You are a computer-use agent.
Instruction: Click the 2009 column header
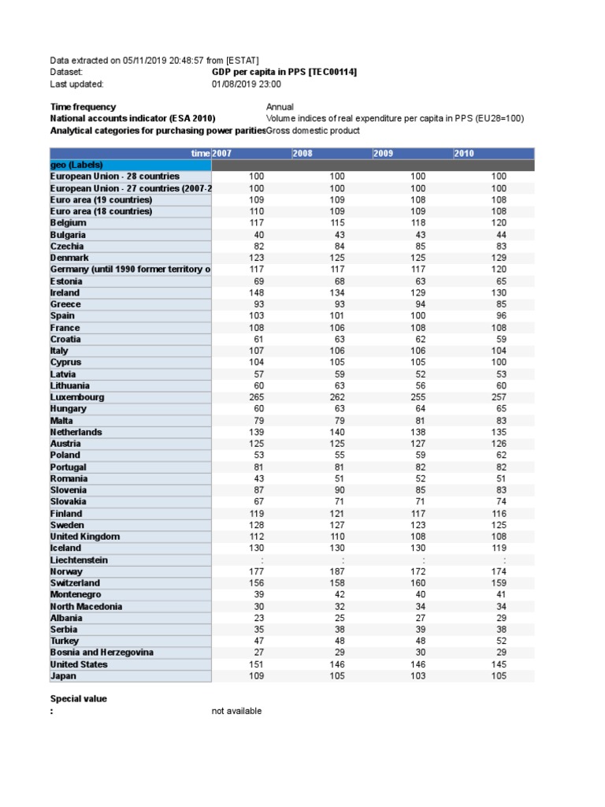384,153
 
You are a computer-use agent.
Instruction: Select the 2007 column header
223,153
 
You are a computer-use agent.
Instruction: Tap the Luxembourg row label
77,397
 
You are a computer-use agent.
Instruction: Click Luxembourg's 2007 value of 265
256,397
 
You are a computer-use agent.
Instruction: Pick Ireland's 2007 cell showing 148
256,292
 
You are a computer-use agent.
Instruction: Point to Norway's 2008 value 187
337,571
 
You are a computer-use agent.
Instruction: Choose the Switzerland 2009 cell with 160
418,583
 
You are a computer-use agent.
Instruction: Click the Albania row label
66,618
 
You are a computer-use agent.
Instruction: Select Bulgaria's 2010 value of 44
499,235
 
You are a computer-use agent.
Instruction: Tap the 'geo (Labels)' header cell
77,165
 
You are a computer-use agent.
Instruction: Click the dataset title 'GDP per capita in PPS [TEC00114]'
284,72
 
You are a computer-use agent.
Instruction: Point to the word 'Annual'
280,106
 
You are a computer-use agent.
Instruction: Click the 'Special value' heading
79,698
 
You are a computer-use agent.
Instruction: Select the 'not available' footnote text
236,711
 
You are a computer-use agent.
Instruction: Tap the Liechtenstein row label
79,560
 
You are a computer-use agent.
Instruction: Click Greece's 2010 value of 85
499,304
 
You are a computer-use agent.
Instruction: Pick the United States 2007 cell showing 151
256,664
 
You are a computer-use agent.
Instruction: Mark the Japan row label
63,676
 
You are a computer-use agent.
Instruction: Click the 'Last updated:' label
76,84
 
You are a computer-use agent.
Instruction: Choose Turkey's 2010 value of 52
499,641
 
